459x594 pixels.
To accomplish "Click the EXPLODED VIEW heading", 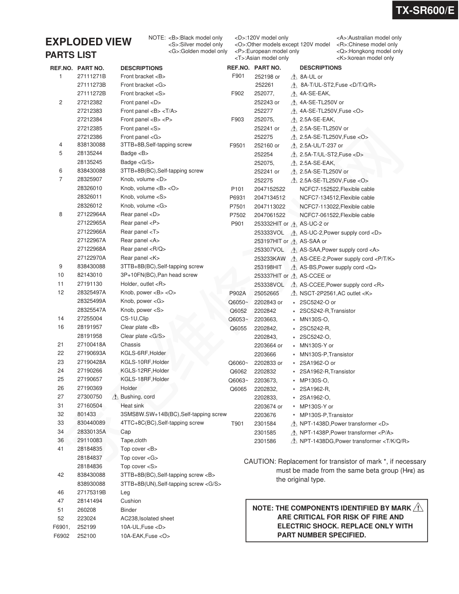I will click(88, 42).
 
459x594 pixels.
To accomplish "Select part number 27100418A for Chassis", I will click(92, 345).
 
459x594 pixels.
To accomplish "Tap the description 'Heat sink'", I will click(132, 406).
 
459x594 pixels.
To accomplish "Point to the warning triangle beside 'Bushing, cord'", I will click(115, 397).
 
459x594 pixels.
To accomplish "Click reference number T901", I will click(238, 424).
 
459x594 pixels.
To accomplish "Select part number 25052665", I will click(267, 293).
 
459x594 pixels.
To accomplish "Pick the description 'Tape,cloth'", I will click(133, 440).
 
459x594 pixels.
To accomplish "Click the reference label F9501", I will click(238, 146).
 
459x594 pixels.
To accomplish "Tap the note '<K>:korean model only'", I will click(365, 58).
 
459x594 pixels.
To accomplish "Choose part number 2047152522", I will click(269, 189).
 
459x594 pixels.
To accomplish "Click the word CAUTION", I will click(260, 461).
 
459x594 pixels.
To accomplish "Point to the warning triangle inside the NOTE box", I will click(418, 508).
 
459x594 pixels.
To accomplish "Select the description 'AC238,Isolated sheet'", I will click(147, 519).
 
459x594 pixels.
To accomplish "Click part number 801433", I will click(87, 414).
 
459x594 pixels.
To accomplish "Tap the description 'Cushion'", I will click(131, 501).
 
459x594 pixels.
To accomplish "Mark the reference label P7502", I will click(238, 215).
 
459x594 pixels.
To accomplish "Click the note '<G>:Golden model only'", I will click(198, 51).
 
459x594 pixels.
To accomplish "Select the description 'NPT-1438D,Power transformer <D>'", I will click(344, 424).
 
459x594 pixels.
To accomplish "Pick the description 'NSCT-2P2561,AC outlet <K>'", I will click(336, 293).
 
